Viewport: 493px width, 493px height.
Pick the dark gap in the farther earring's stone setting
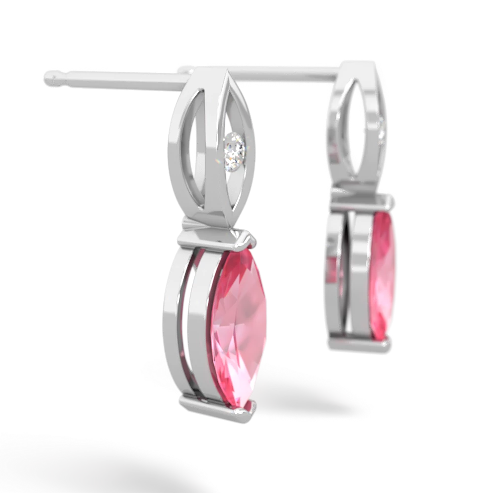tap(350, 276)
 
